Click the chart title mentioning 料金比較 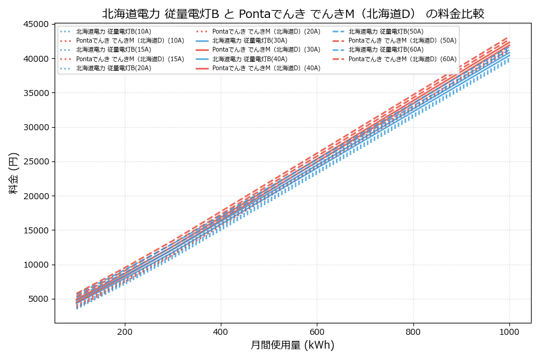pyautogui.click(x=293, y=14)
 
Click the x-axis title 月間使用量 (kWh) pyautogui.click(x=292, y=345)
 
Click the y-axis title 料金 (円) pyautogui.click(x=13, y=173)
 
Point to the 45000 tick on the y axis pyautogui.click(x=35, y=24)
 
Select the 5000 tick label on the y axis pyautogui.click(x=38, y=299)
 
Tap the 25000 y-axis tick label pyautogui.click(x=35, y=161)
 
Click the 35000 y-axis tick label pyautogui.click(x=35, y=93)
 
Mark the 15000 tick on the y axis pyautogui.click(x=35, y=230)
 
